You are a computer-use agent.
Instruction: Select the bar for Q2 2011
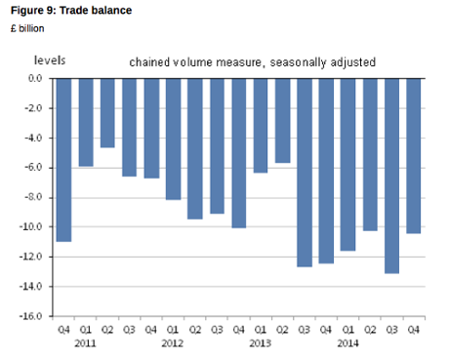click(107, 112)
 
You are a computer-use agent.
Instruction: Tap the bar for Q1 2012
click(173, 139)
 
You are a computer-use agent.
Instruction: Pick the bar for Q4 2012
click(238, 152)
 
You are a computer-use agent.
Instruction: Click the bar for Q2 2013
click(282, 120)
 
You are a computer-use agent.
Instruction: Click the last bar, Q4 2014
click(413, 156)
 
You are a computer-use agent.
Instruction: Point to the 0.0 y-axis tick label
click(34, 77)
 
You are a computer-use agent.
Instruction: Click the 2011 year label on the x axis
click(86, 343)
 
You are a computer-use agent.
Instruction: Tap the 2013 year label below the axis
click(260, 343)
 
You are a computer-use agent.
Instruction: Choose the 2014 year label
click(347, 343)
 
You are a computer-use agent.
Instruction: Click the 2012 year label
click(173, 343)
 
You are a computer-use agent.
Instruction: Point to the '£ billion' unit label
click(27, 27)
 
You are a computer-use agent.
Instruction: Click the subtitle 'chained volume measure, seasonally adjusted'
click(252, 62)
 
